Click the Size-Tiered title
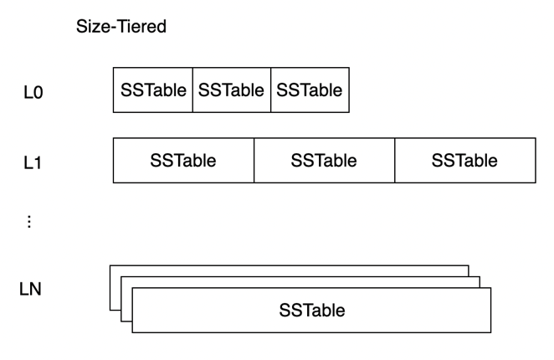pos(121,27)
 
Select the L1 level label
pos(33,162)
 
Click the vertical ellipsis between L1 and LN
pos(30,222)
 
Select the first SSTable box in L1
pos(183,161)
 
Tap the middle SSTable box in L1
pos(324,161)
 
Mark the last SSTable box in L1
pos(464,161)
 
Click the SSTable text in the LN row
pos(312,311)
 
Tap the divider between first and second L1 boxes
pos(254,161)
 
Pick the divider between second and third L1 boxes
pos(394,161)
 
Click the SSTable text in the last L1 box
pos(464,161)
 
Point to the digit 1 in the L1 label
pos(38,162)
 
